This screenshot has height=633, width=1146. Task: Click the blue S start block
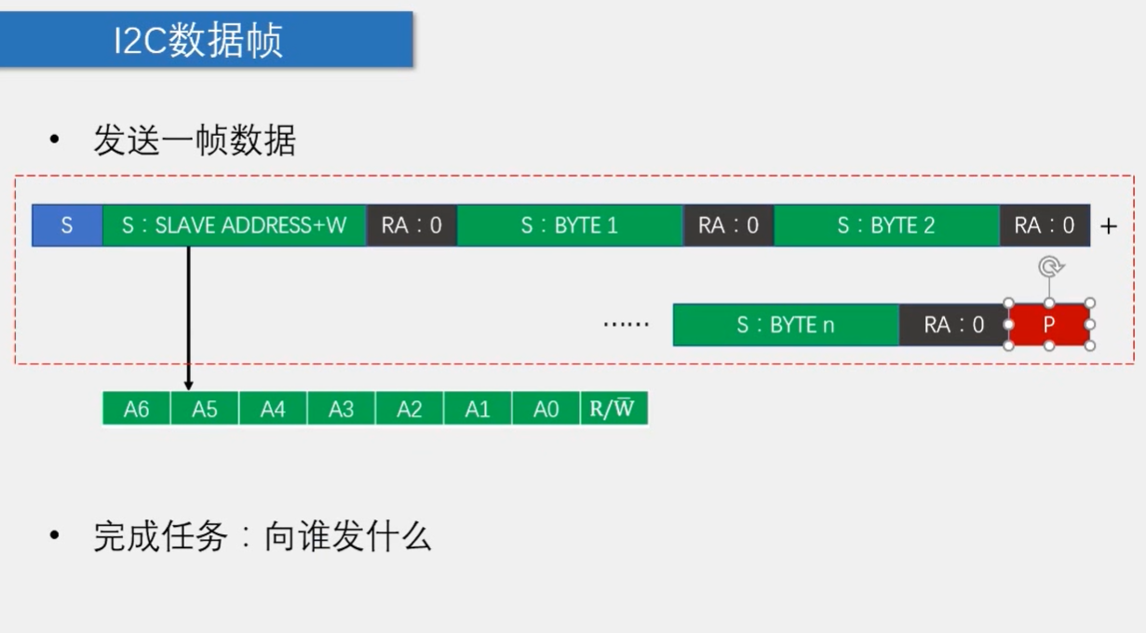pyautogui.click(x=67, y=225)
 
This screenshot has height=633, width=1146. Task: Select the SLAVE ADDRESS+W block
pyautogui.click(x=234, y=225)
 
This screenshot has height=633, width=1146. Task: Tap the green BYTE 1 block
pyautogui.click(x=570, y=225)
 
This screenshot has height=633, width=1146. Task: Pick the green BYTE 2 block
pyautogui.click(x=886, y=225)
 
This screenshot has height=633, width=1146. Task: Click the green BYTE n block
pyautogui.click(x=786, y=325)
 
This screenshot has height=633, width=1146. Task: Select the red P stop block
pyautogui.click(x=1049, y=325)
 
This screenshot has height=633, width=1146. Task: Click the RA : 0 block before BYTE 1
pyautogui.click(x=411, y=225)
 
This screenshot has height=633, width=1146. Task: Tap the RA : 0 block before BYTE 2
pyautogui.click(x=728, y=225)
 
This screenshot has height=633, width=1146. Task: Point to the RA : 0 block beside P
pyautogui.click(x=953, y=325)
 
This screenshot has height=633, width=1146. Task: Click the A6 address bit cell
pyautogui.click(x=136, y=410)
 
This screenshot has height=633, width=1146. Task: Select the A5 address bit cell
pyautogui.click(x=205, y=410)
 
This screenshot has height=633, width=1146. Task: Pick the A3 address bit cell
pyautogui.click(x=341, y=410)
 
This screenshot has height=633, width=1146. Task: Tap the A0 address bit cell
pyautogui.click(x=546, y=410)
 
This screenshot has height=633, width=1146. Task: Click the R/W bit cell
pyautogui.click(x=613, y=410)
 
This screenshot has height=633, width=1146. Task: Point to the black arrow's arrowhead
pyautogui.click(x=188, y=384)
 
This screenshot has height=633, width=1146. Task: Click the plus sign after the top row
pyautogui.click(x=1108, y=226)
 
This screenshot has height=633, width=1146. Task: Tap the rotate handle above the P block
pyautogui.click(x=1049, y=268)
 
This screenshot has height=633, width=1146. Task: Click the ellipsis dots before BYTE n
pyautogui.click(x=626, y=326)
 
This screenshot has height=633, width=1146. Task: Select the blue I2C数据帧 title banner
pyautogui.click(x=206, y=39)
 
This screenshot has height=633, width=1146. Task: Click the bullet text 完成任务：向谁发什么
pyautogui.click(x=262, y=536)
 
